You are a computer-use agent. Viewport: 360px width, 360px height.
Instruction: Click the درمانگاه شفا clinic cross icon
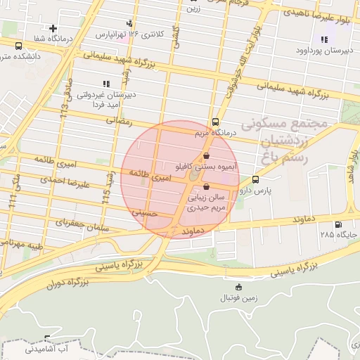[x=53, y=28]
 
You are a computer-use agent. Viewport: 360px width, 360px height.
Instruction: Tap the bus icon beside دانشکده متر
[x=18, y=45]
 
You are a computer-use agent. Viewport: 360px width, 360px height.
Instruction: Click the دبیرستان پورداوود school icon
[x=324, y=39]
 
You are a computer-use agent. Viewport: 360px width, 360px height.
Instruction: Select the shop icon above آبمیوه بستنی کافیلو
[x=206, y=156]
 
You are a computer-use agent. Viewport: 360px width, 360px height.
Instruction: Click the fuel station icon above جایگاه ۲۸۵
[x=340, y=225]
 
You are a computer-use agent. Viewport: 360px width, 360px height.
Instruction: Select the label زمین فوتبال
[x=239, y=297]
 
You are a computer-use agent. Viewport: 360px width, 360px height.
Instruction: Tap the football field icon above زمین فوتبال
[x=239, y=287]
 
